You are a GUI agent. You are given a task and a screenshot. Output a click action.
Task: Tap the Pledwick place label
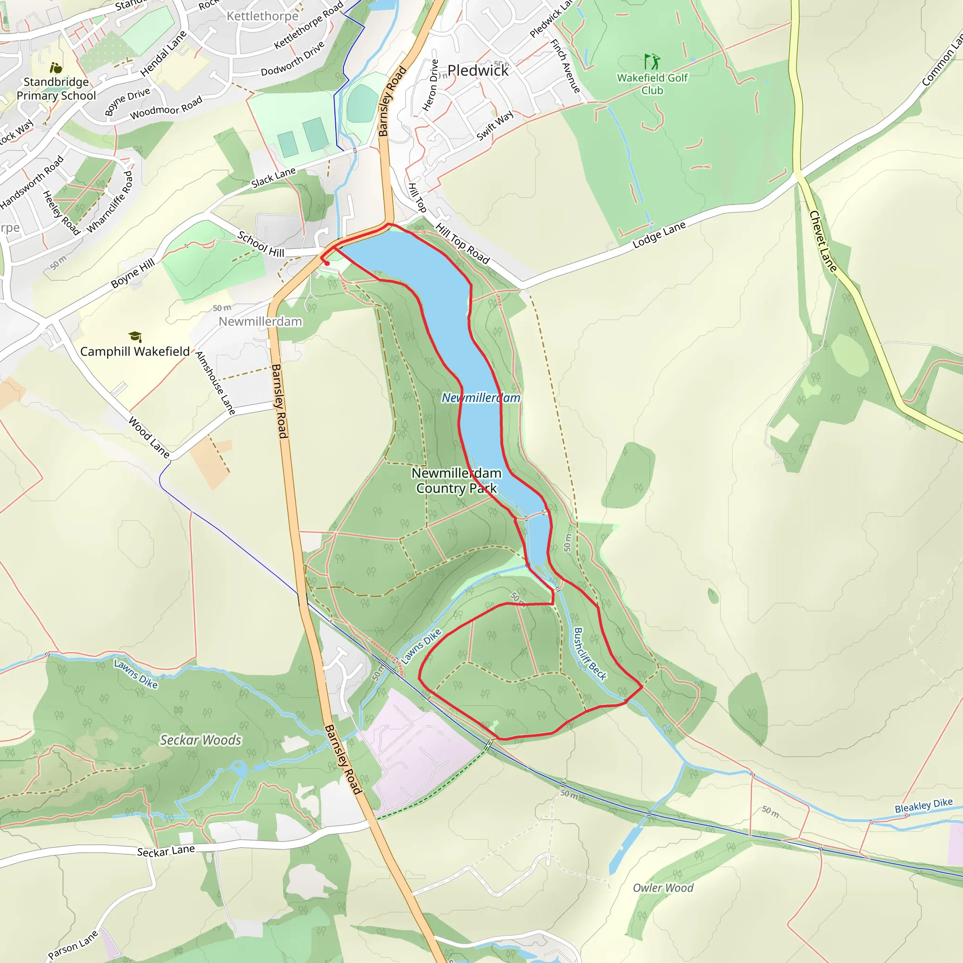pyautogui.click(x=478, y=71)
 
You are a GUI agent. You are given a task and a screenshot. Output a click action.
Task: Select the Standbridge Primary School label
pyautogui.click(x=56, y=89)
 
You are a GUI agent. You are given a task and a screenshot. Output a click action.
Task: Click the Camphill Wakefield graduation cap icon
pyautogui.click(x=135, y=337)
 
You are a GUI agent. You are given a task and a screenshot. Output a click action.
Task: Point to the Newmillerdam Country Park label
pyautogui.click(x=456, y=481)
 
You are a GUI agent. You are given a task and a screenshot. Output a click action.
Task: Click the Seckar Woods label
pyautogui.click(x=200, y=740)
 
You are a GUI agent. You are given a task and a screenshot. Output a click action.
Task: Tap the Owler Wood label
pyautogui.click(x=663, y=888)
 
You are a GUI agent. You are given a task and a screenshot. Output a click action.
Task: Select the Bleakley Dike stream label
pyautogui.click(x=923, y=805)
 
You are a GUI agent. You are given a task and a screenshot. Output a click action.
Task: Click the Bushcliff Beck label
pyautogui.click(x=590, y=654)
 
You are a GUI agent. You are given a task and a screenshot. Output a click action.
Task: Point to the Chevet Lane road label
pyautogui.click(x=822, y=241)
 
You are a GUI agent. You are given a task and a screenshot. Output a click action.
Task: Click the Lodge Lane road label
pyautogui.click(x=659, y=235)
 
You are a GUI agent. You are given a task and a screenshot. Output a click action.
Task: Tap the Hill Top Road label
pyautogui.click(x=463, y=244)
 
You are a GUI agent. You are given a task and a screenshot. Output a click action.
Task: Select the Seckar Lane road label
pyautogui.click(x=166, y=850)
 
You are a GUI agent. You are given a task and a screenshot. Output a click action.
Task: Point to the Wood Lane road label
pyautogui.click(x=149, y=437)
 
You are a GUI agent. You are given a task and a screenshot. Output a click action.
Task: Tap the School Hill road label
pyautogui.click(x=260, y=244)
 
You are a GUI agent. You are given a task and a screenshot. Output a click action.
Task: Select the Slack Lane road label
pyautogui.click(x=273, y=178)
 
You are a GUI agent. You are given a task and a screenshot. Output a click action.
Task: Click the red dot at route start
pyautogui.click(x=327, y=263)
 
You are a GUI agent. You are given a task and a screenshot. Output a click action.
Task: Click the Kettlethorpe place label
pyautogui.click(x=262, y=16)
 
